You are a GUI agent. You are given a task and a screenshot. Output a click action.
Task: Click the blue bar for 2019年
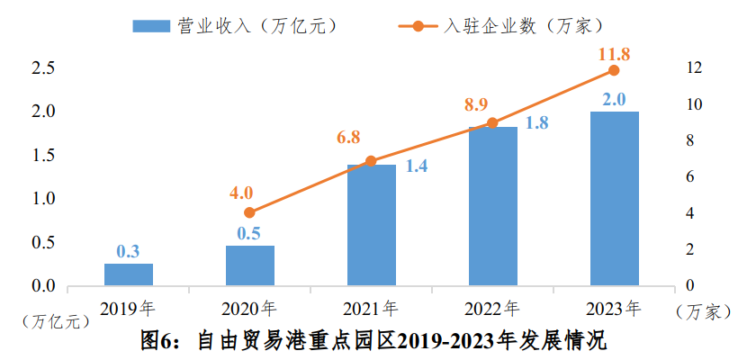point(129,274)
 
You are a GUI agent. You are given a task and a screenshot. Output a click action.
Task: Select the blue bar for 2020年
point(250,265)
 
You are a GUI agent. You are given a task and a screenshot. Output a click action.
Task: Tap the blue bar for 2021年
point(371,225)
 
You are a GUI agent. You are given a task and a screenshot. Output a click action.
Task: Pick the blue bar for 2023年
point(614,199)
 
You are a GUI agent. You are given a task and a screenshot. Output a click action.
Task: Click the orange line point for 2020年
point(250,213)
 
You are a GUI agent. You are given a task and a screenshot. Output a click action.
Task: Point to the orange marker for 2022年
point(492,123)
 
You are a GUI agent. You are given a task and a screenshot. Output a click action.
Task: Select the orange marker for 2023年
point(614,70)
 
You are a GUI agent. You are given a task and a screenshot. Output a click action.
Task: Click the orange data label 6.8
point(348,138)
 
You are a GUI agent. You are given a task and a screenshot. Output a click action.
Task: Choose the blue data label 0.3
point(129,251)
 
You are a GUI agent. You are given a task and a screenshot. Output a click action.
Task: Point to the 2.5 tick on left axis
point(43,68)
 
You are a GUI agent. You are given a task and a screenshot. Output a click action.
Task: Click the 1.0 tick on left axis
point(43,199)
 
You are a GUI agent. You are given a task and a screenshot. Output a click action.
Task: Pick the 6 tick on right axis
point(690,177)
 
